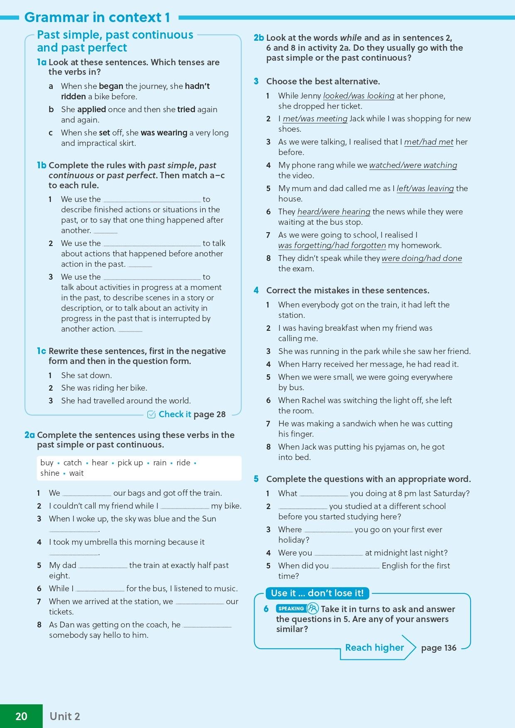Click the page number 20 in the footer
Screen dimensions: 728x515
tap(21, 716)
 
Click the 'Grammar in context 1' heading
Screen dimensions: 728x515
tap(97, 17)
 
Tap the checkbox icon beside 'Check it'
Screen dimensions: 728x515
tap(151, 414)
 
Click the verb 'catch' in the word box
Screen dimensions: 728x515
tap(73, 462)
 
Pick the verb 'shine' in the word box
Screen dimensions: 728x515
tap(50, 473)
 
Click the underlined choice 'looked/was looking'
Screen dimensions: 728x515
tap(358, 96)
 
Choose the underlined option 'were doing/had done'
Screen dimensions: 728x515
tap(422, 258)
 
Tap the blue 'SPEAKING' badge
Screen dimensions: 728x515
tap(291, 609)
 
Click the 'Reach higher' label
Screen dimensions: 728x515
tap(374, 647)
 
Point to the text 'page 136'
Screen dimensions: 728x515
tap(439, 648)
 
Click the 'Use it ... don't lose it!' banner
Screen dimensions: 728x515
tap(317, 593)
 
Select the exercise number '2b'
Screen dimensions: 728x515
tap(258, 38)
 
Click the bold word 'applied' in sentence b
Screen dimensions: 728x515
tap(91, 109)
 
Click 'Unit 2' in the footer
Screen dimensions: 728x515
tap(65, 716)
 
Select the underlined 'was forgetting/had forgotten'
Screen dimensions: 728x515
tap(332, 246)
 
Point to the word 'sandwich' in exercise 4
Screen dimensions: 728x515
tap(359, 424)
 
